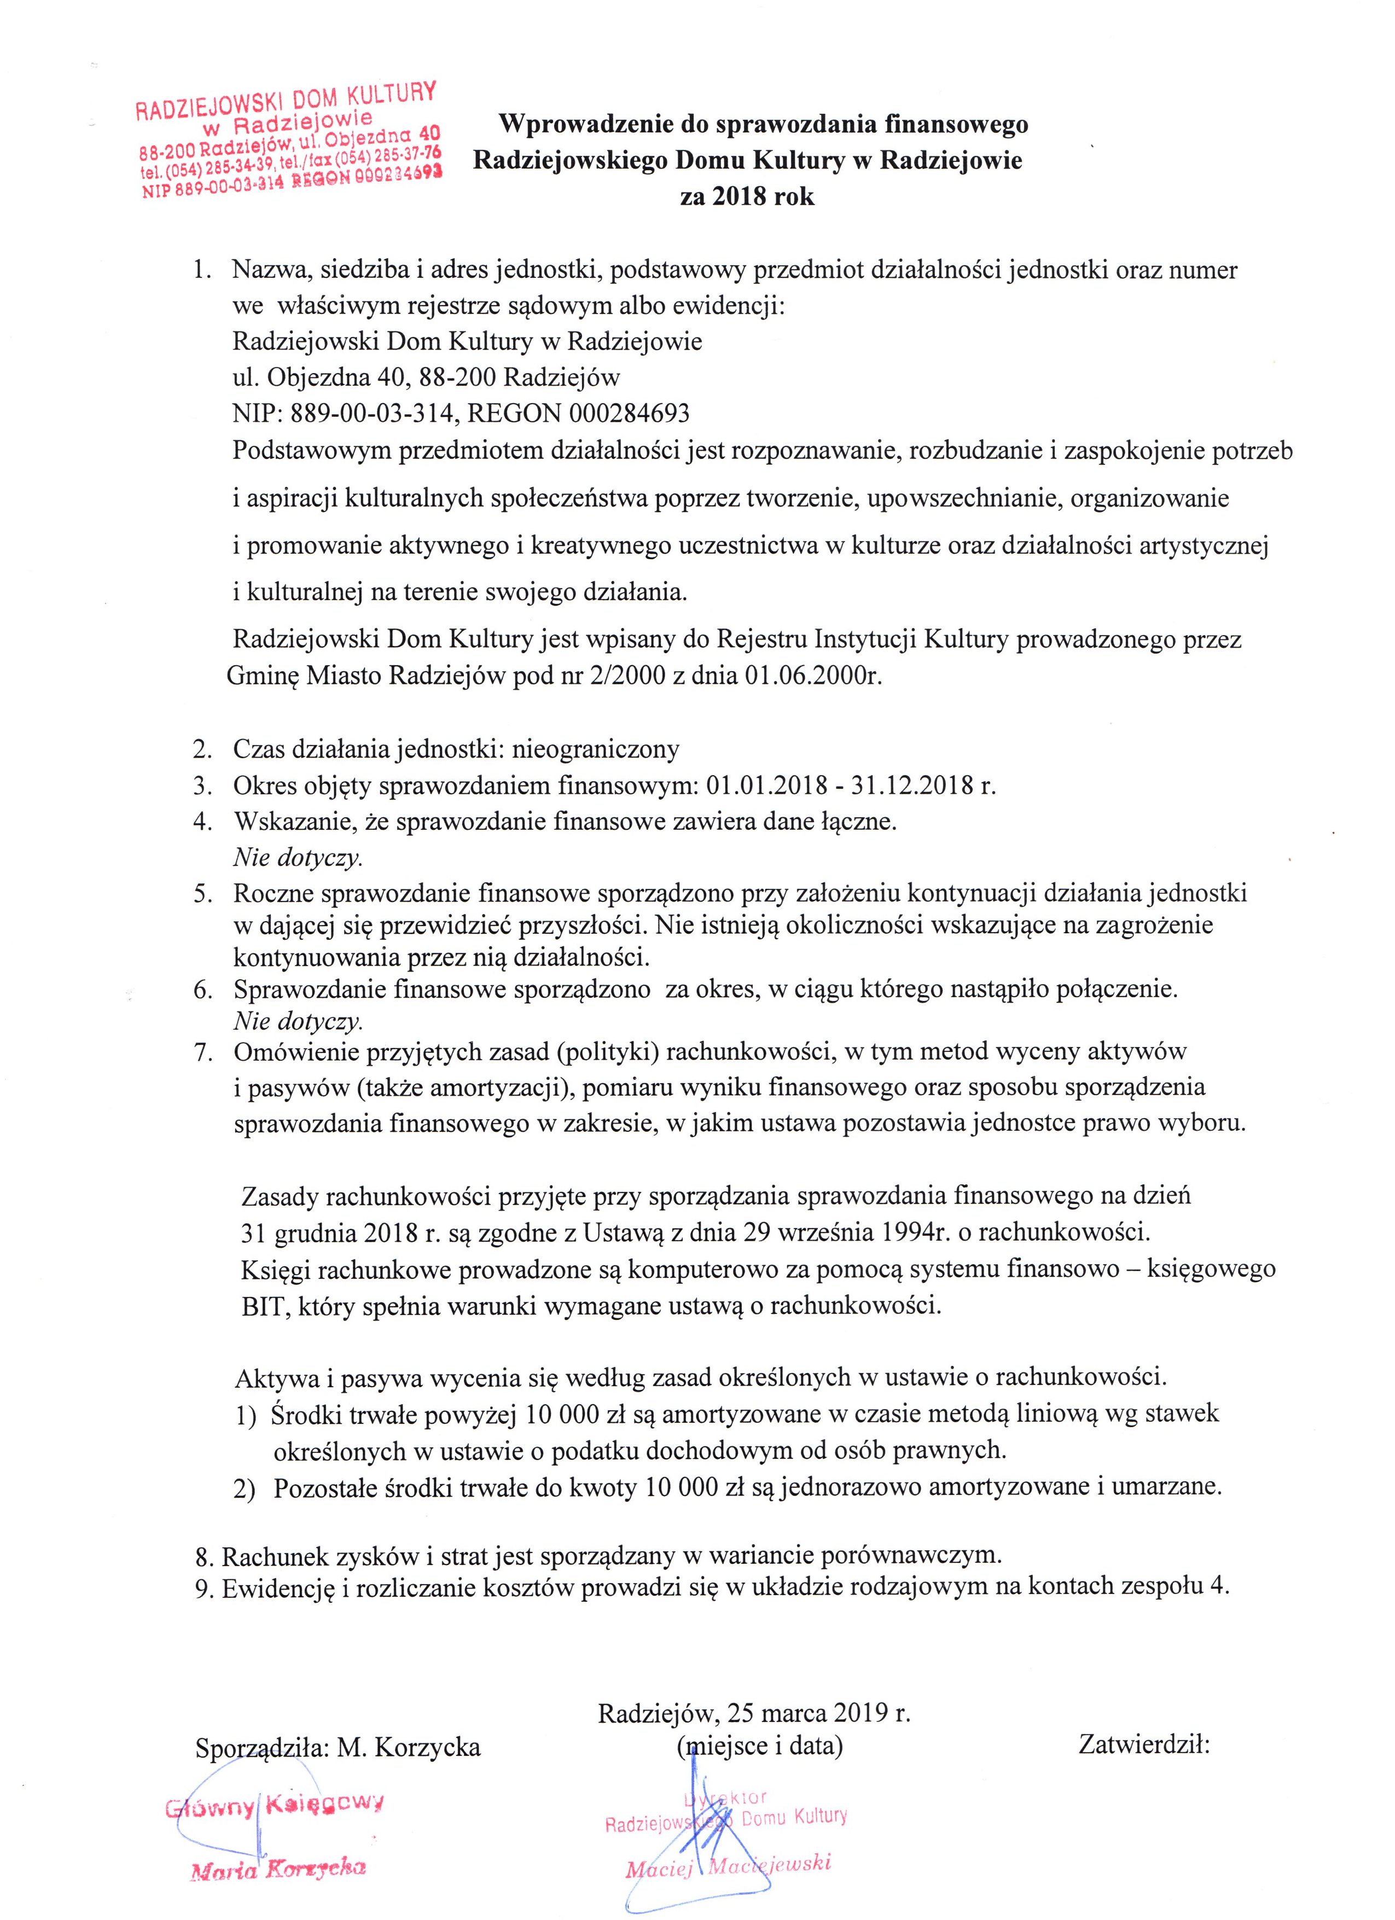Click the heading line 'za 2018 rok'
tap(747, 197)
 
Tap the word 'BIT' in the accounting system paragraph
tap(261, 1305)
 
